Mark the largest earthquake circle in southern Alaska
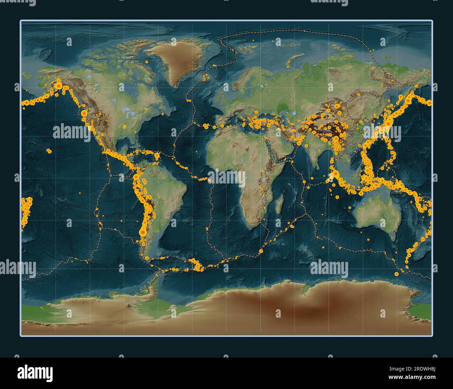(59, 85)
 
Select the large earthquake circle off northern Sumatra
(335, 173)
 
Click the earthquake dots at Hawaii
(49, 151)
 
